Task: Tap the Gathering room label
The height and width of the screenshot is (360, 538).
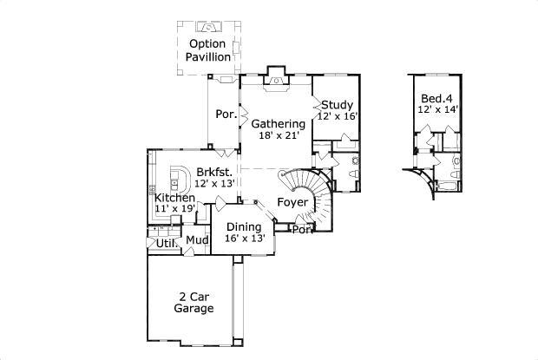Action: pos(279,124)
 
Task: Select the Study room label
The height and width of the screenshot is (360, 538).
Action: pos(337,105)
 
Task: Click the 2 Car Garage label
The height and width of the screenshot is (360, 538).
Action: pos(194,302)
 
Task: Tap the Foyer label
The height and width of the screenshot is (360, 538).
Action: pos(292,202)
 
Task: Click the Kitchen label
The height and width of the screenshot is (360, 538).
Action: pos(174,198)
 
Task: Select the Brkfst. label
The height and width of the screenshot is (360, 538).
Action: pos(213,172)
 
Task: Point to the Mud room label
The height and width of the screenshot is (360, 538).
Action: pos(195,241)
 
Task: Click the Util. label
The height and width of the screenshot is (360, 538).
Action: pos(167,244)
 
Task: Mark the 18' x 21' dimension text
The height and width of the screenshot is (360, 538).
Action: pos(278,136)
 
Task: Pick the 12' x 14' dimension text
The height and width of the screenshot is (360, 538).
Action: pos(437,109)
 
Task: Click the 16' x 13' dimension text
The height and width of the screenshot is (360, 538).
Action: pos(244,238)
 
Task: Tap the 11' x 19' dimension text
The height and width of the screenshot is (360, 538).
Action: pos(174,209)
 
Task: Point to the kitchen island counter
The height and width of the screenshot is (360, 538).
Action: pos(180,179)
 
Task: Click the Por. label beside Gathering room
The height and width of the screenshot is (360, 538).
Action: pos(226,115)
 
